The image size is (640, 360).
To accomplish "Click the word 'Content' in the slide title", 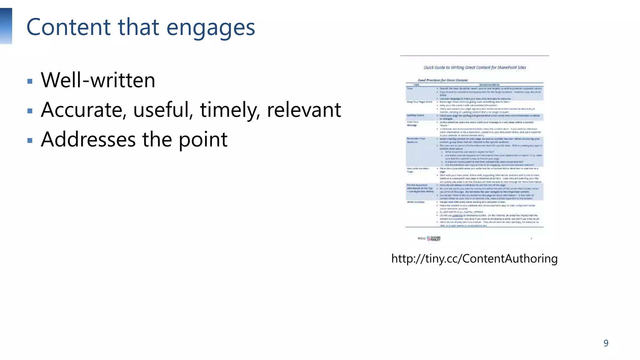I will click(68, 27).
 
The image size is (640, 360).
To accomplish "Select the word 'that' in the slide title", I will click(138, 27).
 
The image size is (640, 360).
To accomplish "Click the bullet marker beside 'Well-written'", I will click(30, 82).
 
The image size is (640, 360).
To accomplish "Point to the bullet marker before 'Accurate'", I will click(30, 111).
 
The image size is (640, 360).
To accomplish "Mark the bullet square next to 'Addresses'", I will click(30, 141).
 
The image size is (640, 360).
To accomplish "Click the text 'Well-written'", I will click(98, 80).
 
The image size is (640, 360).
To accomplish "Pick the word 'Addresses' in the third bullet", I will click(88, 139).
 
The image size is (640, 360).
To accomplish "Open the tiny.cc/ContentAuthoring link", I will click(474, 259).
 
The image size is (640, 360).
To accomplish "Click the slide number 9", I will click(606, 343).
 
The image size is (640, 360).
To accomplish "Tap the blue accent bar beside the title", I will click(6, 26).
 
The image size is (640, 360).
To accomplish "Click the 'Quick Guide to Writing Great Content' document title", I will click(475, 67).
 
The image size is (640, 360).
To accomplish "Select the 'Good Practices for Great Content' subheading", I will click(443, 80).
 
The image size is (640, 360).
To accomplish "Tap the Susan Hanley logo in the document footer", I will click(434, 238).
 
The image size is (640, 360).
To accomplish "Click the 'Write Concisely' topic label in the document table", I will click(416, 202).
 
